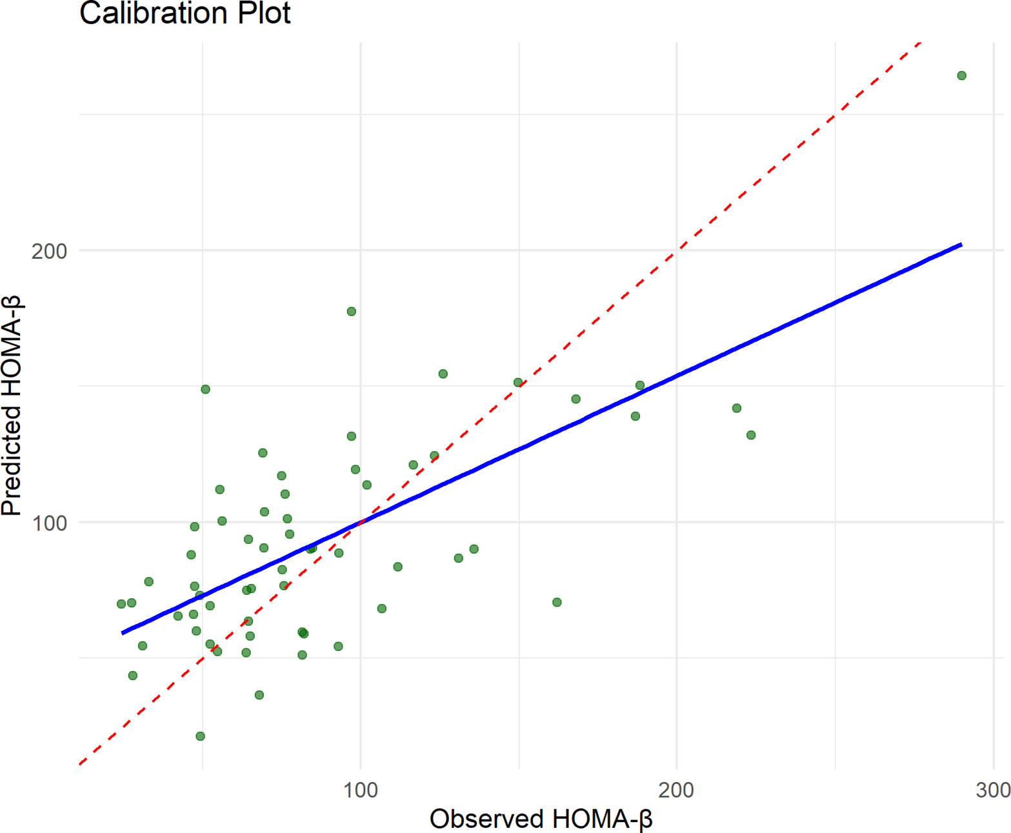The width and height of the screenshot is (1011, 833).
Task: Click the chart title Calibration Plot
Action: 185,13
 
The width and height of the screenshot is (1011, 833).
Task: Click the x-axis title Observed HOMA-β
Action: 541,818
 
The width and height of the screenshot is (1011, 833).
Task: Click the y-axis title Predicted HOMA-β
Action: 12,405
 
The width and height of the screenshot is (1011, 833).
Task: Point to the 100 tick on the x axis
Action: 361,789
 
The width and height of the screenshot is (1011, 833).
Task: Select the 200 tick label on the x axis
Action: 676,789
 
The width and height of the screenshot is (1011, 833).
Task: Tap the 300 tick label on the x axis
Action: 993,789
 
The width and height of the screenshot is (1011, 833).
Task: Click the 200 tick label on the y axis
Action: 49,250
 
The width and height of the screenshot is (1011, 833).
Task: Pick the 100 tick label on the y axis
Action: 49,523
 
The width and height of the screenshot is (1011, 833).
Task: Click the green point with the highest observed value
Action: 961,75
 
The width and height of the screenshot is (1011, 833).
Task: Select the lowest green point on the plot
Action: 200,736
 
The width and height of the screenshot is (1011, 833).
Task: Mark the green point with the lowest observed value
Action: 121,604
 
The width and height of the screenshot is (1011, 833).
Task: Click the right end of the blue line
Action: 961,245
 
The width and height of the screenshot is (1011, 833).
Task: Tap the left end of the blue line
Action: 123,633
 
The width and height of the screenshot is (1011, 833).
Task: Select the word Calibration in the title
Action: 153,13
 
